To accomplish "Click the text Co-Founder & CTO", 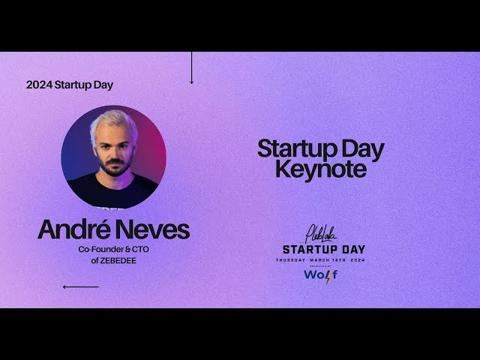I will point(114,249).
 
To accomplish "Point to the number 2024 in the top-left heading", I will point(39,85).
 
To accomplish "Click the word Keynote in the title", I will point(320,170).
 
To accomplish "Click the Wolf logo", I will point(320,274).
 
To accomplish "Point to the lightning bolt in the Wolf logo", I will point(328,274).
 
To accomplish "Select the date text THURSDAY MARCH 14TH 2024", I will point(320,259).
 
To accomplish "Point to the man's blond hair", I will point(113,121).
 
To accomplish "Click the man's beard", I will point(115,166).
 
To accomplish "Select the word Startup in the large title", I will point(288,148).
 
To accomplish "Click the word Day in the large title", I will point(361,148).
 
